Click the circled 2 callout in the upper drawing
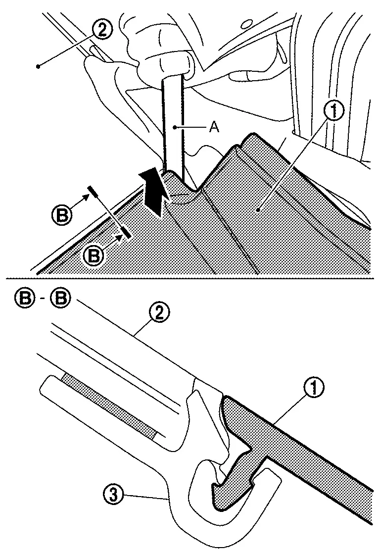coord(101,30)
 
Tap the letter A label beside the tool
coord(213,127)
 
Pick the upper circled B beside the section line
coord(61,215)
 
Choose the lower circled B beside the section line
coord(93,255)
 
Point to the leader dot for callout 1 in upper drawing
coord(258,210)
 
